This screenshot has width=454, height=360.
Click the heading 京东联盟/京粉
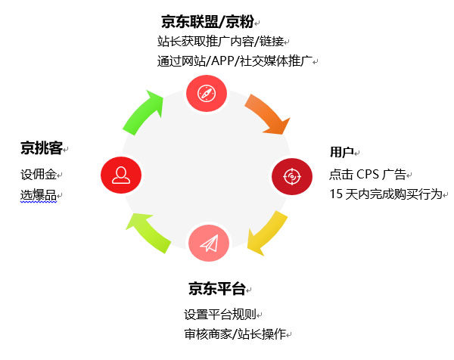(x=207, y=21)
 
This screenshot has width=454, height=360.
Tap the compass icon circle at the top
(x=207, y=93)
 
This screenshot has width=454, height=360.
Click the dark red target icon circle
(x=291, y=175)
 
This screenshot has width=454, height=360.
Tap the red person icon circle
(x=121, y=175)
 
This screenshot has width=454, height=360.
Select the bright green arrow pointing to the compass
(x=144, y=113)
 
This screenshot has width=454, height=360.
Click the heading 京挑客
(x=41, y=147)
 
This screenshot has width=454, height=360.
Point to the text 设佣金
(x=38, y=174)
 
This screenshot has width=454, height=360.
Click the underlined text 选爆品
(x=38, y=196)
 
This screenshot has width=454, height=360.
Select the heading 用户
(x=341, y=152)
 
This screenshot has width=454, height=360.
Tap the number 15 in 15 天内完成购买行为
(x=336, y=194)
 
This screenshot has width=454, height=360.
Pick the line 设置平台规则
(x=219, y=314)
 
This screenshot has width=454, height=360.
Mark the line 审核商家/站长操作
(x=234, y=334)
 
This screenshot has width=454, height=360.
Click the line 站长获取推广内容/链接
(x=219, y=41)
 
